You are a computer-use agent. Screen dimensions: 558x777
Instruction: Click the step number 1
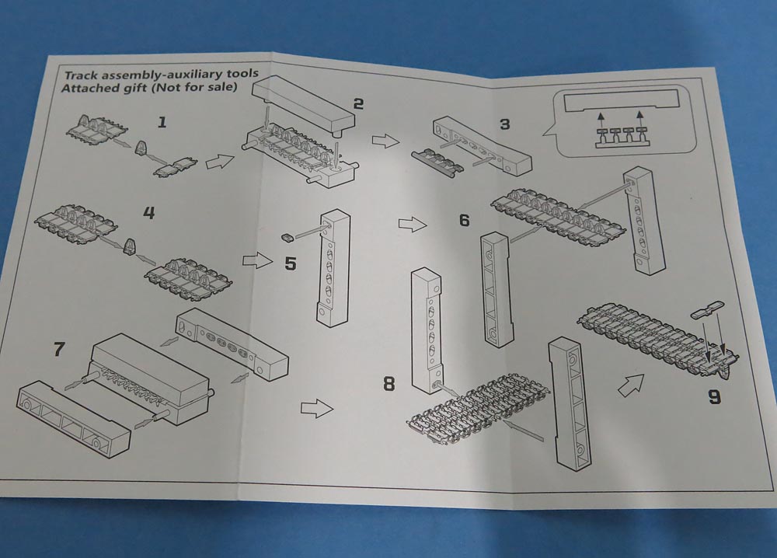[x=162, y=122]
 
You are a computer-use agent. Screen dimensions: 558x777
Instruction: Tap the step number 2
[x=357, y=104]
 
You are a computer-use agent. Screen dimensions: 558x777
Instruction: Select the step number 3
[x=505, y=124]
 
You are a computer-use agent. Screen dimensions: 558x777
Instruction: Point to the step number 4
[x=149, y=212]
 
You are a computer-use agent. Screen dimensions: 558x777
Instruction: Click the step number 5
[x=290, y=263]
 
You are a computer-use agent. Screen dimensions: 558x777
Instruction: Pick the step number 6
[x=464, y=221]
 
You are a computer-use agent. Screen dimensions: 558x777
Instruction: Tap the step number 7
[x=59, y=349]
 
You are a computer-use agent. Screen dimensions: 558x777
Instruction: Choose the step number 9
[x=714, y=397]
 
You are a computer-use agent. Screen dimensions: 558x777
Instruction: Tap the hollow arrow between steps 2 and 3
[x=384, y=141]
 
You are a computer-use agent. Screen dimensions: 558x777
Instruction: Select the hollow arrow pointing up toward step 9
[x=632, y=383]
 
